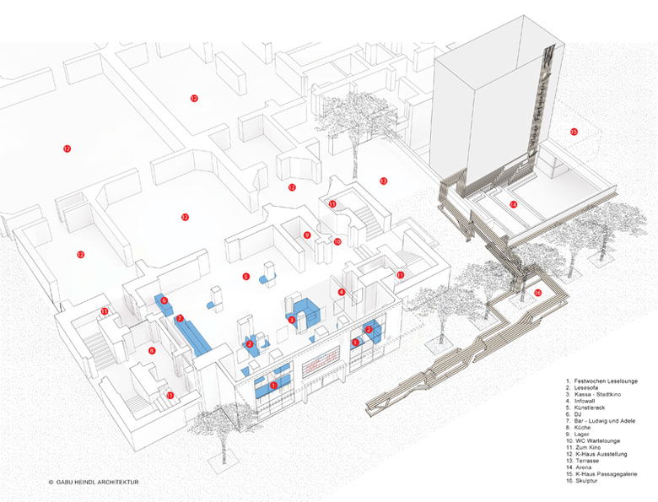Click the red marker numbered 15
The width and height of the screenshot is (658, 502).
574,132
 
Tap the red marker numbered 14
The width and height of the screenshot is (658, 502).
513,204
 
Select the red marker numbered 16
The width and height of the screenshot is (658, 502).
537,293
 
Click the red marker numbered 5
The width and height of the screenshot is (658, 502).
245,276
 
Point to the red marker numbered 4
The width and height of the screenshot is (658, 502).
342,292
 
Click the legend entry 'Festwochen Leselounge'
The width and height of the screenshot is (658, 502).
603,381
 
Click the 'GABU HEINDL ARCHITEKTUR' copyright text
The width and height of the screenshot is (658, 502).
93,483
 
